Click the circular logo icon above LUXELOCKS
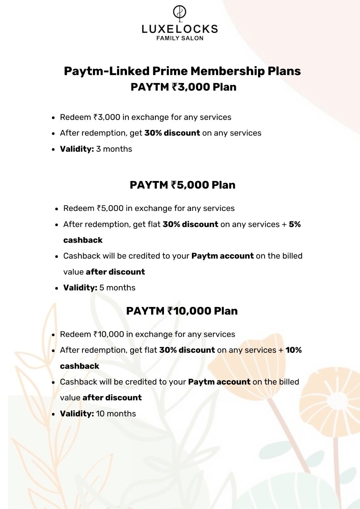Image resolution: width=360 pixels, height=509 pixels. click(180, 13)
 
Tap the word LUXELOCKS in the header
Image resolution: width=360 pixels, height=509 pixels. click(180, 29)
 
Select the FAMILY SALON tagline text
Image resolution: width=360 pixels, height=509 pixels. click(180, 38)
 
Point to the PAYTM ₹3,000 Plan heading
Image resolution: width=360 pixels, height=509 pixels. click(183, 87)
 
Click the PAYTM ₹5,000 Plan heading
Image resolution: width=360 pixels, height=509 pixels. click(182, 185)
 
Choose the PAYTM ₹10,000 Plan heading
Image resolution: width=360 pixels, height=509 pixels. click(182, 311)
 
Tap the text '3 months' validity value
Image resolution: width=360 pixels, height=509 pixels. click(114, 149)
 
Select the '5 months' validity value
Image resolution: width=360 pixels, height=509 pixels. click(117, 288)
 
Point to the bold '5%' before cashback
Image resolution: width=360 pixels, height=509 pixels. click(295, 224)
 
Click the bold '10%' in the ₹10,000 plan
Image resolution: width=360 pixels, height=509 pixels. click(293, 350)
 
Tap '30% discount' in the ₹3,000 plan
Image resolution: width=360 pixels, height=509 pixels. click(172, 133)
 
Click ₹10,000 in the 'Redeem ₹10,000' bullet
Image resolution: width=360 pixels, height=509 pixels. click(109, 334)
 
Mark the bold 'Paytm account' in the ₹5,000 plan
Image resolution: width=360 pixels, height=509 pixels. click(222, 256)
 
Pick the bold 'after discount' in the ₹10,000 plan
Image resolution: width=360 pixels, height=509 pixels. click(112, 398)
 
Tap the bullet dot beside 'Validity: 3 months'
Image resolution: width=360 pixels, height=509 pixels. click(53, 149)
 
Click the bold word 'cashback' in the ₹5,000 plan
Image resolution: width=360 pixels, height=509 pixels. click(83, 240)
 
